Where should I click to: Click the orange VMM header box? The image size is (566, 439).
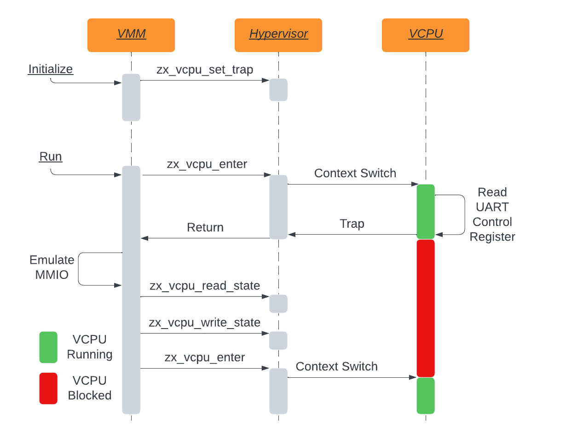tap(131, 35)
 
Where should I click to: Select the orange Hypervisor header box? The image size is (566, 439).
tap(278, 35)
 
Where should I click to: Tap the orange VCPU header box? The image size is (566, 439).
tap(426, 35)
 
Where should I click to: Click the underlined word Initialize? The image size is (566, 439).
tap(51, 69)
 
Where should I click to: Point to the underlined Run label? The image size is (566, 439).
tap(51, 156)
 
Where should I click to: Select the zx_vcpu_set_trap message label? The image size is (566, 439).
tap(205, 70)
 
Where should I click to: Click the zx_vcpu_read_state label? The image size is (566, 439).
tap(205, 286)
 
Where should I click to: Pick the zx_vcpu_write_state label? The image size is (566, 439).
tap(205, 323)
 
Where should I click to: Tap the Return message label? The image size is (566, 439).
tap(205, 227)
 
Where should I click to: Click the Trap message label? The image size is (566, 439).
tap(352, 224)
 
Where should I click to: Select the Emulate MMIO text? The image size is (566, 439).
tap(52, 267)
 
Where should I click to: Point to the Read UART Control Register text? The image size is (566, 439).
tap(492, 214)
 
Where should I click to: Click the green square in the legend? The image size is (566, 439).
tap(48, 347)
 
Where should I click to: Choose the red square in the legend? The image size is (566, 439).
tap(48, 388)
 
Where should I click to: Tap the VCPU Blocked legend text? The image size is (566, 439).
tap(90, 388)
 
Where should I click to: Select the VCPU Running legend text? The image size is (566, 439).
tap(90, 347)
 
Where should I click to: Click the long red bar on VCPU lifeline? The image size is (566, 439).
tap(426, 308)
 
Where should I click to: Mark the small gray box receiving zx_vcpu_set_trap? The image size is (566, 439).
tap(278, 90)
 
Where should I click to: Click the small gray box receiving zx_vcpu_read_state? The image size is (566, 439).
tap(278, 304)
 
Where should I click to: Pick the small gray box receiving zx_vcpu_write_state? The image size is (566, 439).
tap(278, 341)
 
